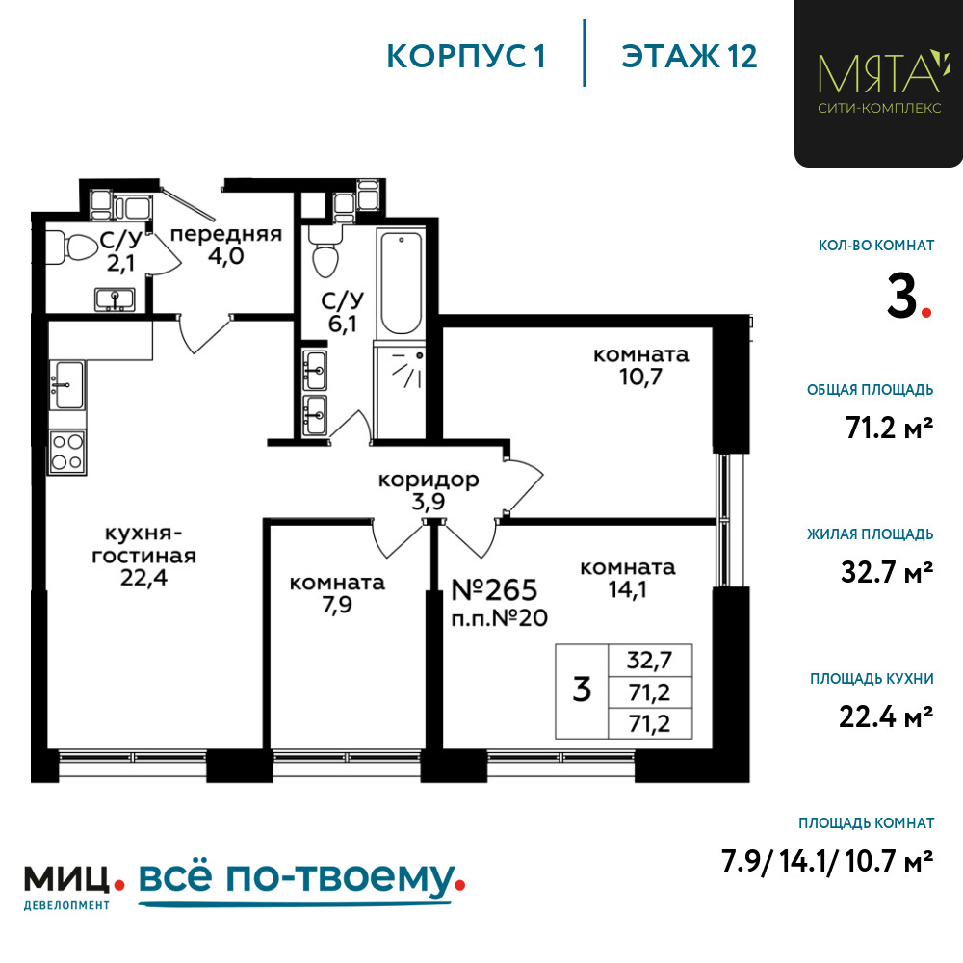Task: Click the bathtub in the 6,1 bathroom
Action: tap(401, 283)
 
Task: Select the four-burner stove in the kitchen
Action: tap(67, 452)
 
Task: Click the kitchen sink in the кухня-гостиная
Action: tap(67, 385)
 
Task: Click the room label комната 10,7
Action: tap(640, 366)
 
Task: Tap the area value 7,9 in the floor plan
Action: tap(337, 605)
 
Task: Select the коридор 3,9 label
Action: tap(429, 491)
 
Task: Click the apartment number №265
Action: tap(494, 589)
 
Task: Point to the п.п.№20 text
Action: tap(499, 618)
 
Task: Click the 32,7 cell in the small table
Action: tap(649, 661)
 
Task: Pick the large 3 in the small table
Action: tap(582, 690)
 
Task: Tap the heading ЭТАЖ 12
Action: tap(690, 57)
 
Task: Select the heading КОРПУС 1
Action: tap(466, 57)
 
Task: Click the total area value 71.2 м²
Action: tap(889, 429)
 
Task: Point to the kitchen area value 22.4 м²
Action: tap(886, 716)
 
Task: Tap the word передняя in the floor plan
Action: tap(226, 234)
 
